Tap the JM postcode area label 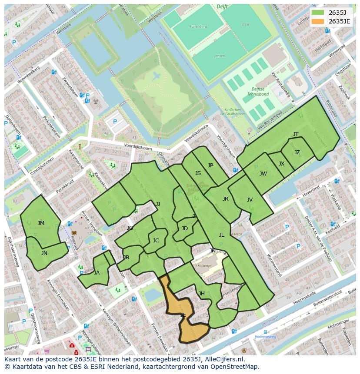[x=41, y=223]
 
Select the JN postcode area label [x=44, y=253]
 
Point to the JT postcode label [x=296, y=134]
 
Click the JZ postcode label [x=297, y=152]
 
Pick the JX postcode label [x=281, y=164]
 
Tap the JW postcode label [x=263, y=174]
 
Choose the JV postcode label [x=250, y=200]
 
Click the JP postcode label [x=210, y=165]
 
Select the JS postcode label [x=198, y=173]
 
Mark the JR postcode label [x=225, y=199]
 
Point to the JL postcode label [x=221, y=235]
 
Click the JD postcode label [x=185, y=228]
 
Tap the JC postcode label [x=156, y=241]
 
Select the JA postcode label [x=97, y=273]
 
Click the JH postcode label [x=202, y=294]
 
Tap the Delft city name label [x=222, y=7]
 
